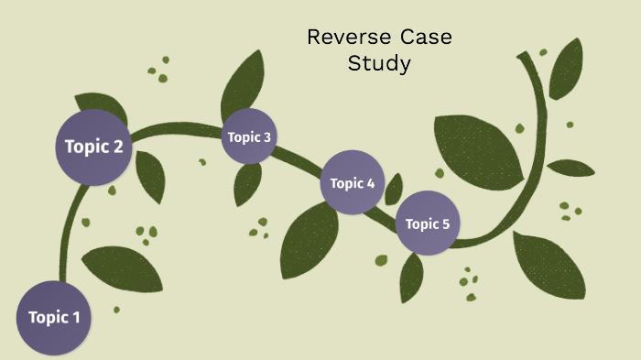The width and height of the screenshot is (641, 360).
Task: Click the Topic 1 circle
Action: point(54,318)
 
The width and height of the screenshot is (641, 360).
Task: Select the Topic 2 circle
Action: point(93,146)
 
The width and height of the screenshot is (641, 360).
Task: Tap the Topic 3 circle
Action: point(249,137)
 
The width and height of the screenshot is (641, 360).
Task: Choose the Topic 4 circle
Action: point(353,183)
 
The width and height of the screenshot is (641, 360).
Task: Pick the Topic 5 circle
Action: point(428,223)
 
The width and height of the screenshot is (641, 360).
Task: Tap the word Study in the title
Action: point(379,64)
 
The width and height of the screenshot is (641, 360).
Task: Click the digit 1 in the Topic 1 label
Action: point(76,318)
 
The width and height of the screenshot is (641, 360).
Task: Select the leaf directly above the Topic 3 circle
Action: point(244,82)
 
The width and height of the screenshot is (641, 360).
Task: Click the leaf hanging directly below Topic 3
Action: point(247,183)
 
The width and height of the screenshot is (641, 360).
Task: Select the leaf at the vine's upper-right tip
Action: point(566,69)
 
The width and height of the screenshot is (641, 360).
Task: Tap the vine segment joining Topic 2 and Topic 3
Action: point(179,128)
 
